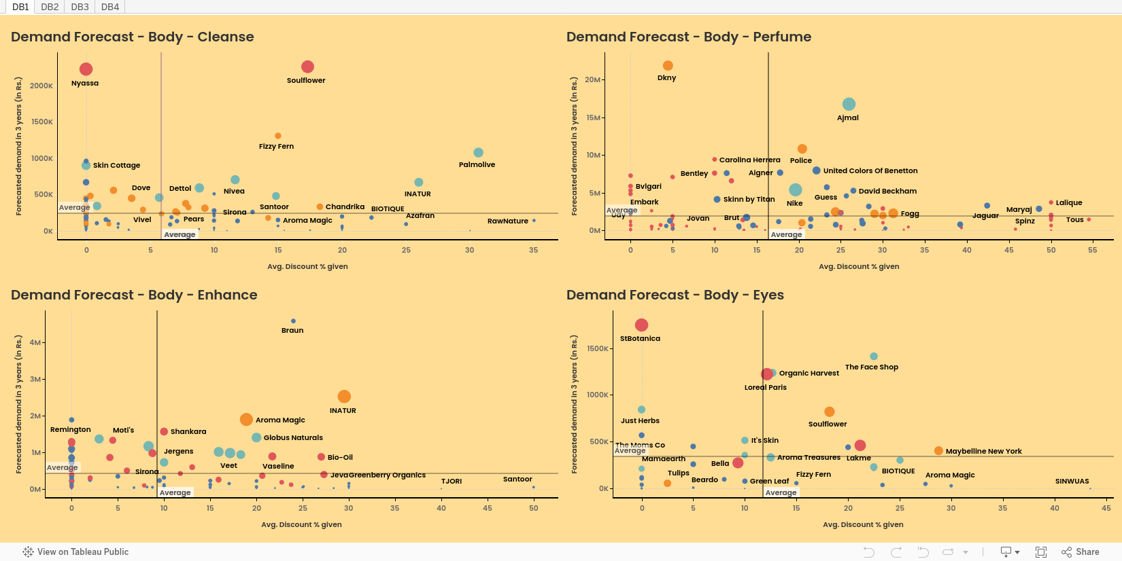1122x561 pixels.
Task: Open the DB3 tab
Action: [x=80, y=7]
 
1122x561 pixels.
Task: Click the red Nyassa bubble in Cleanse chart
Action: [x=86, y=69]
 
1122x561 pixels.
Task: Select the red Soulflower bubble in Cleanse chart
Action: [x=307, y=67]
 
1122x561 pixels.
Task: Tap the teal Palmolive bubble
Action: [x=478, y=153]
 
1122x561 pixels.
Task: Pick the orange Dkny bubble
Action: [x=668, y=66]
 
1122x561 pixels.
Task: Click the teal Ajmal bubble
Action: [x=849, y=105]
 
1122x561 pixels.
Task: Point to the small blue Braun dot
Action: [x=293, y=321]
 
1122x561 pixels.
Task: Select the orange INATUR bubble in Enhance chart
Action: [x=344, y=397]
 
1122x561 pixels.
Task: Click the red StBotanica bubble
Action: [x=641, y=325]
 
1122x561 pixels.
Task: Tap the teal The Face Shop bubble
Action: [x=874, y=357]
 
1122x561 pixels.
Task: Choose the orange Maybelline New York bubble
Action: [x=938, y=451]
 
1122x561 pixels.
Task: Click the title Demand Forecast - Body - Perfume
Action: [x=688, y=37]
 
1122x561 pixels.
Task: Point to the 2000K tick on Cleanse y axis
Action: [x=41, y=86]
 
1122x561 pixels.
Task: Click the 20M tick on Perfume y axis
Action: [x=593, y=79]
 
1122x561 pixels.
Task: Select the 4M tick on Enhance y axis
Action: [x=35, y=342]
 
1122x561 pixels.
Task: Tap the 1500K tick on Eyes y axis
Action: [x=598, y=348]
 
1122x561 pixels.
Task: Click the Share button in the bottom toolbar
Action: [x=1081, y=551]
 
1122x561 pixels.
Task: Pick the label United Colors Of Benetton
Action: [x=870, y=170]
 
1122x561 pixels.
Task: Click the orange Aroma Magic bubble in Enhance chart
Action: [x=246, y=420]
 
